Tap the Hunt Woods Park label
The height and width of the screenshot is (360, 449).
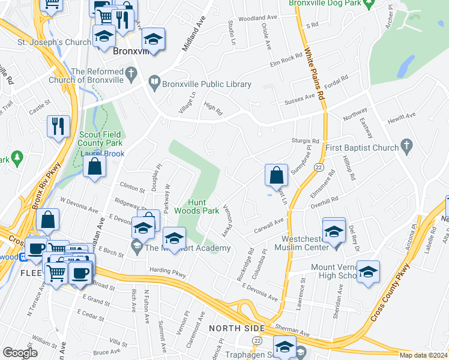point(196,206)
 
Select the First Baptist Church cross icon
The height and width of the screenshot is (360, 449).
point(407,146)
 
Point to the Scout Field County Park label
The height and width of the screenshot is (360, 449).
point(100,139)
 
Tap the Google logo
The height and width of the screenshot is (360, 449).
point(20,352)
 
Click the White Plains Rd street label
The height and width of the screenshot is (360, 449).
point(315,75)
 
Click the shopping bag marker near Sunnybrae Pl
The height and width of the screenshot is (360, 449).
point(276,176)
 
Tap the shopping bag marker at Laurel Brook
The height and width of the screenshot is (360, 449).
point(94,167)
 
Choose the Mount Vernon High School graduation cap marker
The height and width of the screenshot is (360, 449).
point(368,271)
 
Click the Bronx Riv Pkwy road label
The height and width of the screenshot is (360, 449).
point(43,193)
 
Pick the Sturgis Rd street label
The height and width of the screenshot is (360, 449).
point(306,140)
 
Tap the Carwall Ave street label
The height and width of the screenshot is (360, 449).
point(268,224)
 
